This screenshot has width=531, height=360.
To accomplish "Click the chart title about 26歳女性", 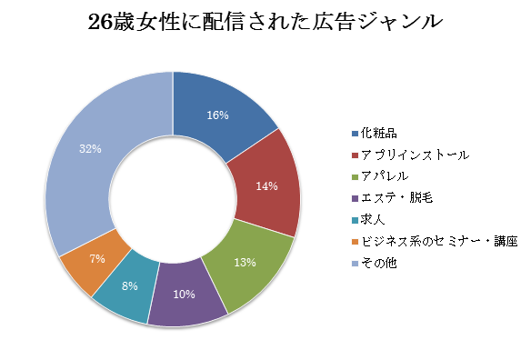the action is [265, 23].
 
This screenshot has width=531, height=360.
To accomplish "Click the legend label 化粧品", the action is [378, 133].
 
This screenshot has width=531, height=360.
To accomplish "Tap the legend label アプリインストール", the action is [416, 155].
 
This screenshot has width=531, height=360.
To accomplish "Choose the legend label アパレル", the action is [385, 176].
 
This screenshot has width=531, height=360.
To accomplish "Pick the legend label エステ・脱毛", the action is [397, 198].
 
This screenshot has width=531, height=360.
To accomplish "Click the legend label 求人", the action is [373, 219].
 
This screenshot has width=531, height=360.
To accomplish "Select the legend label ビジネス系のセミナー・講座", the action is [439, 242].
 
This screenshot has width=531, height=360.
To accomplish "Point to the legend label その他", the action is [378, 263].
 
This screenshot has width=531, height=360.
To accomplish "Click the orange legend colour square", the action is [355, 242].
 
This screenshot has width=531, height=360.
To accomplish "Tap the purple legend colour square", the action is [355, 198].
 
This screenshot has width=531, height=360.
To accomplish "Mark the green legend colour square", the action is [355, 176].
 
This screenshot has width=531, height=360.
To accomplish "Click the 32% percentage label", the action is [90, 149].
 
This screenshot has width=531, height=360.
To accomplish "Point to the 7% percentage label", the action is [97, 259].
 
